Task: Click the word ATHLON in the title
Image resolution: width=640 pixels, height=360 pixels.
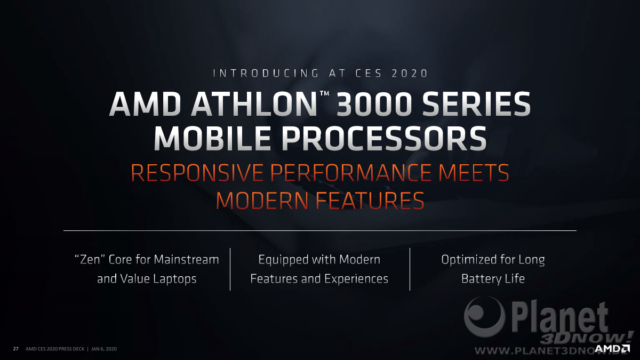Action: click(x=254, y=104)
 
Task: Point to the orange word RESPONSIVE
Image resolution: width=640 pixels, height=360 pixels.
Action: click(x=197, y=173)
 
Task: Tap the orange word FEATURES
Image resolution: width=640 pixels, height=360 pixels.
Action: click(x=370, y=201)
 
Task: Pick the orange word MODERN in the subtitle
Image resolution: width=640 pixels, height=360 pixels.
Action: click(x=262, y=201)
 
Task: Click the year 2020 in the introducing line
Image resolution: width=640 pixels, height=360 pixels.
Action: click(x=410, y=74)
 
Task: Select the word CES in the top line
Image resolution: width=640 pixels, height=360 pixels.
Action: click(x=369, y=74)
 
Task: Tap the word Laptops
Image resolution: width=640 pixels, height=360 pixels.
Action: click(x=175, y=279)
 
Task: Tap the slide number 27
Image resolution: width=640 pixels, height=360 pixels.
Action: click(x=15, y=349)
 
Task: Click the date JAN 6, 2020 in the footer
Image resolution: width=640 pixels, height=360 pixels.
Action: click(x=104, y=349)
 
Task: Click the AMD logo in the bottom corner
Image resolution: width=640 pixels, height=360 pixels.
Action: click(x=612, y=349)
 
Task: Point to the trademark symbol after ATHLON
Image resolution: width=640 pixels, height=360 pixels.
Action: click(x=324, y=93)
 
